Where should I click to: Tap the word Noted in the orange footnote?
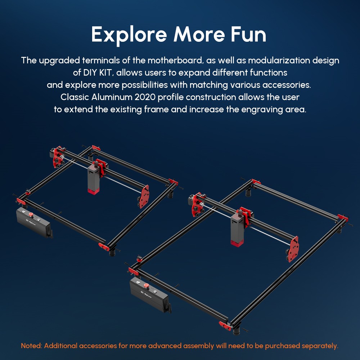point(31,346)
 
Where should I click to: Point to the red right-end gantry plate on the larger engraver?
point(293,248)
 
